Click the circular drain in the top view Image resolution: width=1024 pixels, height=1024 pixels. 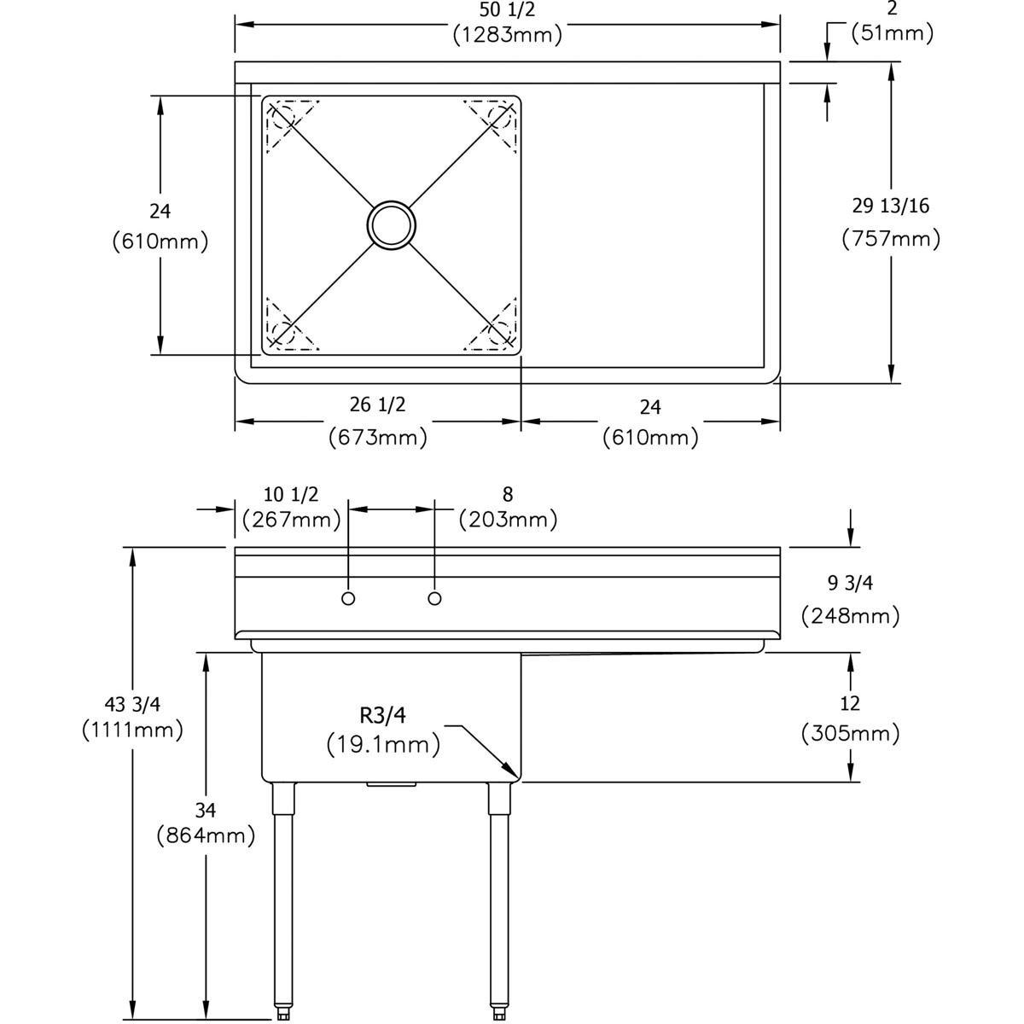click(x=392, y=225)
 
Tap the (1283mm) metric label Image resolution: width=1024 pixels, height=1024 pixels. click(x=507, y=36)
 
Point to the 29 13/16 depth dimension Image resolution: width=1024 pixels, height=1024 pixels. click(x=890, y=206)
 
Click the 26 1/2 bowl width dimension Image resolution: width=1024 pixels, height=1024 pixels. click(x=377, y=403)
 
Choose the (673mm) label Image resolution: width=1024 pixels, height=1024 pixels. click(x=377, y=437)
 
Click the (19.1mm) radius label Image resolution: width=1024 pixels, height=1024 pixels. click(x=383, y=745)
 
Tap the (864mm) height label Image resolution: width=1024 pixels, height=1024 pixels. click(x=206, y=835)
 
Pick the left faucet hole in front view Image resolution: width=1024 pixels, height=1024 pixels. click(x=348, y=599)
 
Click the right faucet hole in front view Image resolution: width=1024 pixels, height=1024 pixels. click(x=435, y=599)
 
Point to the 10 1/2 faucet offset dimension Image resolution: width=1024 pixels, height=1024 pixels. click(x=291, y=494)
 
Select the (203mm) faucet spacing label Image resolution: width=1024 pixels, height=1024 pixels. click(x=508, y=519)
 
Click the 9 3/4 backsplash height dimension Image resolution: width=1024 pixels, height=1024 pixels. click(x=850, y=583)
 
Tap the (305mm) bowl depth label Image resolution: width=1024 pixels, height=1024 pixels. click(x=850, y=732)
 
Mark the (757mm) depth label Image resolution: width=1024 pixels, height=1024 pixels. click(x=890, y=238)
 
